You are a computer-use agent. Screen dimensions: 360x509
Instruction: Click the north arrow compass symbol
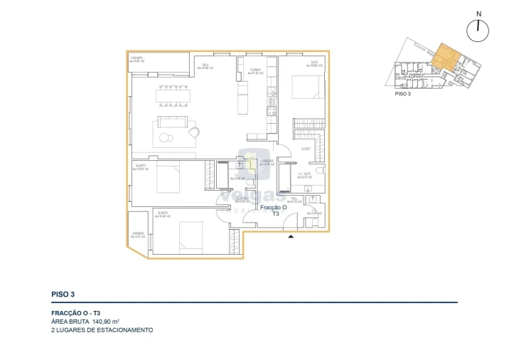480,29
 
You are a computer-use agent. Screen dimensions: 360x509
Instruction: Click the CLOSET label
306,149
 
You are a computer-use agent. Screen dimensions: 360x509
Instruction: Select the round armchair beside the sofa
193,131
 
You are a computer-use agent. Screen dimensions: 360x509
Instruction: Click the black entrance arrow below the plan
290,238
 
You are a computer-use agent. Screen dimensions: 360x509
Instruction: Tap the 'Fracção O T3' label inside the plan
274,210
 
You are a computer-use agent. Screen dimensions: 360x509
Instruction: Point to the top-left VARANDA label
137,59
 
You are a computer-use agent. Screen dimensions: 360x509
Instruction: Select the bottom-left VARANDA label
138,235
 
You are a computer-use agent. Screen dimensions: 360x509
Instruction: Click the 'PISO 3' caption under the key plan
403,93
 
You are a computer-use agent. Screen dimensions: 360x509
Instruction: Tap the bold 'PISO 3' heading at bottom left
63,293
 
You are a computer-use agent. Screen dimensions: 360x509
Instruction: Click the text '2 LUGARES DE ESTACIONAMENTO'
102,330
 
